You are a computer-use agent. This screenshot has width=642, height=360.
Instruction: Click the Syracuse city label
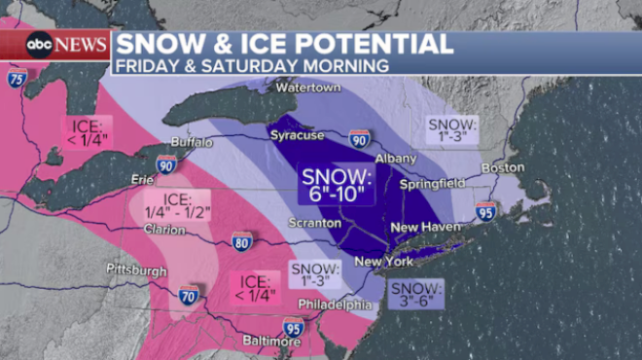[x=297, y=135]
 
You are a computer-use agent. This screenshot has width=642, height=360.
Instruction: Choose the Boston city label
[x=507, y=167]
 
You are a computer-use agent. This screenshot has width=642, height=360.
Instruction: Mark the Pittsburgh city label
[x=136, y=270]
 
